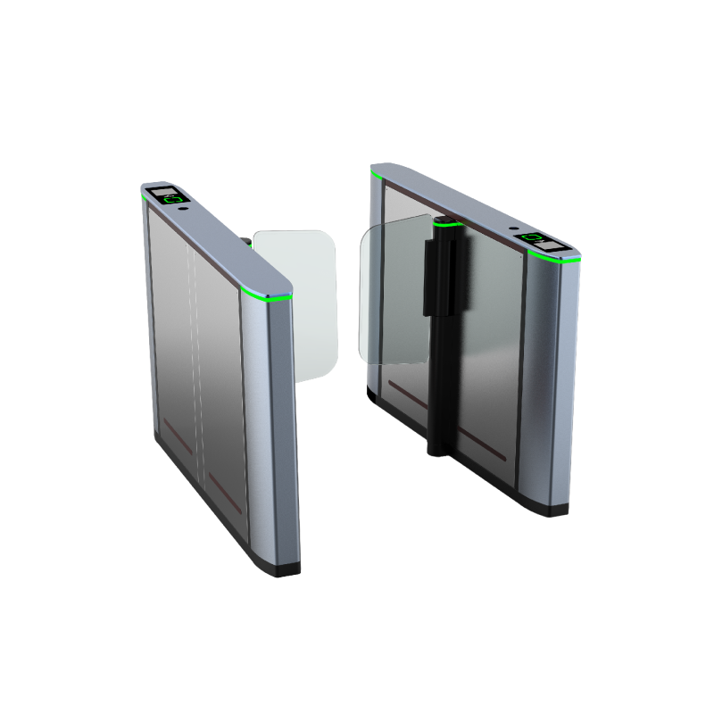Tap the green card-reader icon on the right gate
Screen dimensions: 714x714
point(535,237)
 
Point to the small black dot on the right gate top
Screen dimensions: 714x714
point(514,228)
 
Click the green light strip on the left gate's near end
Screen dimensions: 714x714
point(266,295)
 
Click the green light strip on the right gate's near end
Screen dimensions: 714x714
point(555,259)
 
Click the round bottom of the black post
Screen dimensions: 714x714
point(436,449)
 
